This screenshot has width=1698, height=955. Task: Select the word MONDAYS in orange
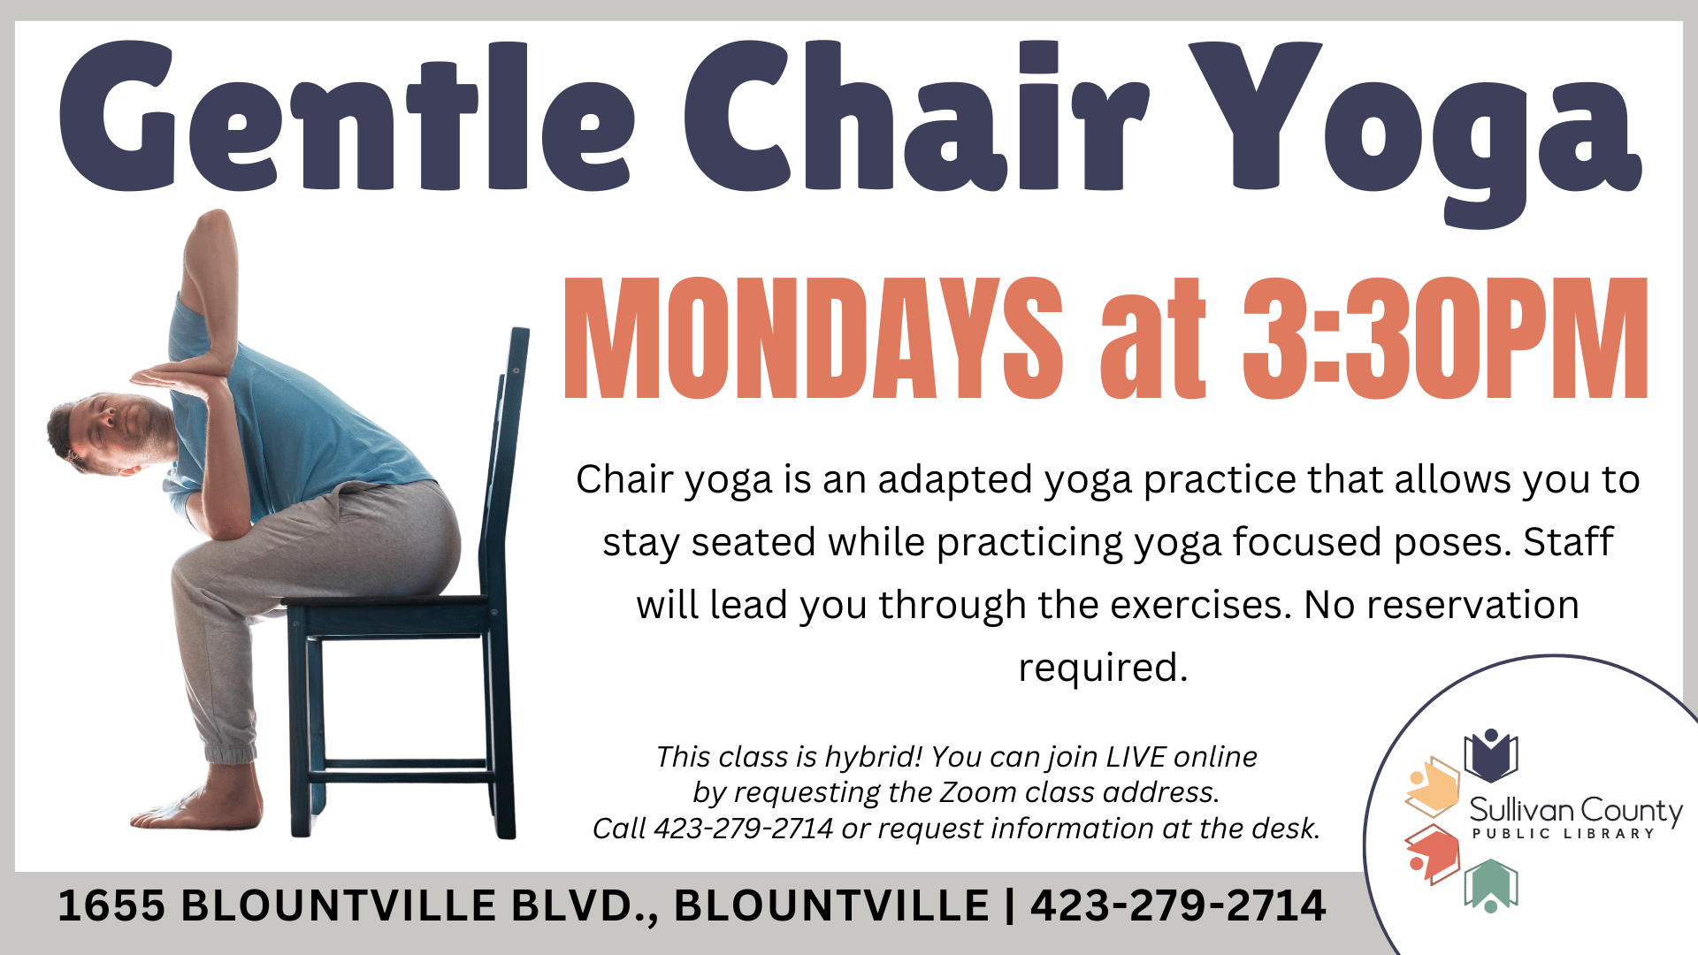click(x=814, y=338)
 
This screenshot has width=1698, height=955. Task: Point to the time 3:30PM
click(x=1445, y=338)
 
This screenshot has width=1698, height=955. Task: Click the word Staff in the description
click(x=1568, y=541)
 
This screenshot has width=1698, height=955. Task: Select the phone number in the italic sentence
click(x=744, y=829)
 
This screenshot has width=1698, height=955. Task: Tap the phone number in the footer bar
click(x=1178, y=905)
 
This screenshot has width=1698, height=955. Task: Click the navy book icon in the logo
click(x=1491, y=756)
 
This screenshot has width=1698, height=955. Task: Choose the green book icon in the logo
click(x=1491, y=885)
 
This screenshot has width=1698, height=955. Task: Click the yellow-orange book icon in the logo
click(x=1433, y=786)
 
